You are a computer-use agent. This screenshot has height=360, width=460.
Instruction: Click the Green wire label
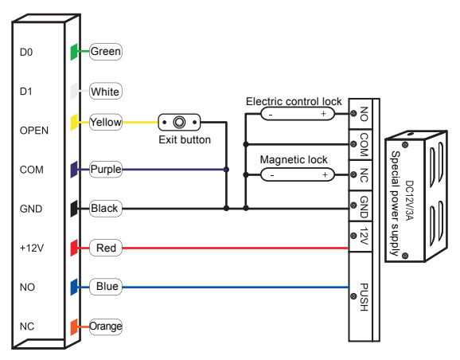coord(106,52)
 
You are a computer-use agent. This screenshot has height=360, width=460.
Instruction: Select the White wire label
coord(105,92)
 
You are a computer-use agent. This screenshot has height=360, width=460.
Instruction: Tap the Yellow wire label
coord(106,123)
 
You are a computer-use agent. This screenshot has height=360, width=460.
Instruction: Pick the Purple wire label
coord(105,169)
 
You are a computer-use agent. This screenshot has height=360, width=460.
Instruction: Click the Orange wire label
coord(106,327)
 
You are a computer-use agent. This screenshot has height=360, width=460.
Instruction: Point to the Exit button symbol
coord(180,123)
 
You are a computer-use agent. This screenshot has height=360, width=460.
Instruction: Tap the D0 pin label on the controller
coord(27,53)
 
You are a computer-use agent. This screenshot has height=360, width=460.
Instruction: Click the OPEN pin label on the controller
coord(33,130)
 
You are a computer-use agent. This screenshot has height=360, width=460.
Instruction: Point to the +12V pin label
coord(31,248)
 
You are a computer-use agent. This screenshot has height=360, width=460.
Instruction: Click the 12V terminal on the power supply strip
coord(363,237)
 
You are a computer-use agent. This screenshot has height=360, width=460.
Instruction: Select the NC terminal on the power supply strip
coord(363,173)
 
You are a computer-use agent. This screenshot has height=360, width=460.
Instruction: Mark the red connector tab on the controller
coord(74,248)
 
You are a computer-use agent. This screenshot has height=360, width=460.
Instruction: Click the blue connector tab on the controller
coord(74,287)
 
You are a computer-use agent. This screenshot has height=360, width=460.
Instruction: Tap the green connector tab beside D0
coord(74,52)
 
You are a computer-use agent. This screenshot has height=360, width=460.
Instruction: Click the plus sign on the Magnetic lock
coord(323,174)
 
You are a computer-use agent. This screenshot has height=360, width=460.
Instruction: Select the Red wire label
coord(106,248)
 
